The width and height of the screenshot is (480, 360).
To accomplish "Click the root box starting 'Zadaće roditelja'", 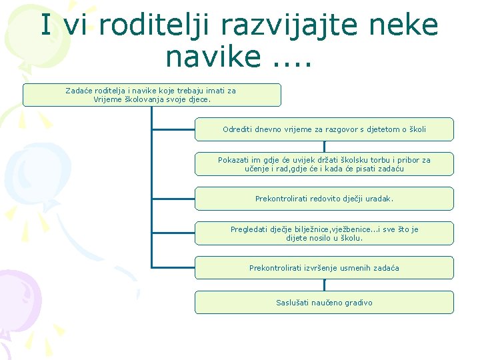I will click(x=152, y=95).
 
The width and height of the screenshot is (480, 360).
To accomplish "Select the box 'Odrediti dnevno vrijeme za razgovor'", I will click(x=324, y=129).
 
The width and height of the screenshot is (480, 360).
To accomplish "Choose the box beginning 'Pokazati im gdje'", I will click(x=324, y=164).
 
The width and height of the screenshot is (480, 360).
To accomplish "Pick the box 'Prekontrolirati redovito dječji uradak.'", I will click(x=324, y=199).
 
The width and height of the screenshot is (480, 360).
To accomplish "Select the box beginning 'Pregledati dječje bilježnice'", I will click(x=324, y=233).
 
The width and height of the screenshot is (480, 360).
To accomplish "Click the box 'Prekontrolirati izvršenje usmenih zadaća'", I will click(x=324, y=268).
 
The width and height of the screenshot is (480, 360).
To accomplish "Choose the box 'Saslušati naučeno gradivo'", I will click(x=324, y=303).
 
